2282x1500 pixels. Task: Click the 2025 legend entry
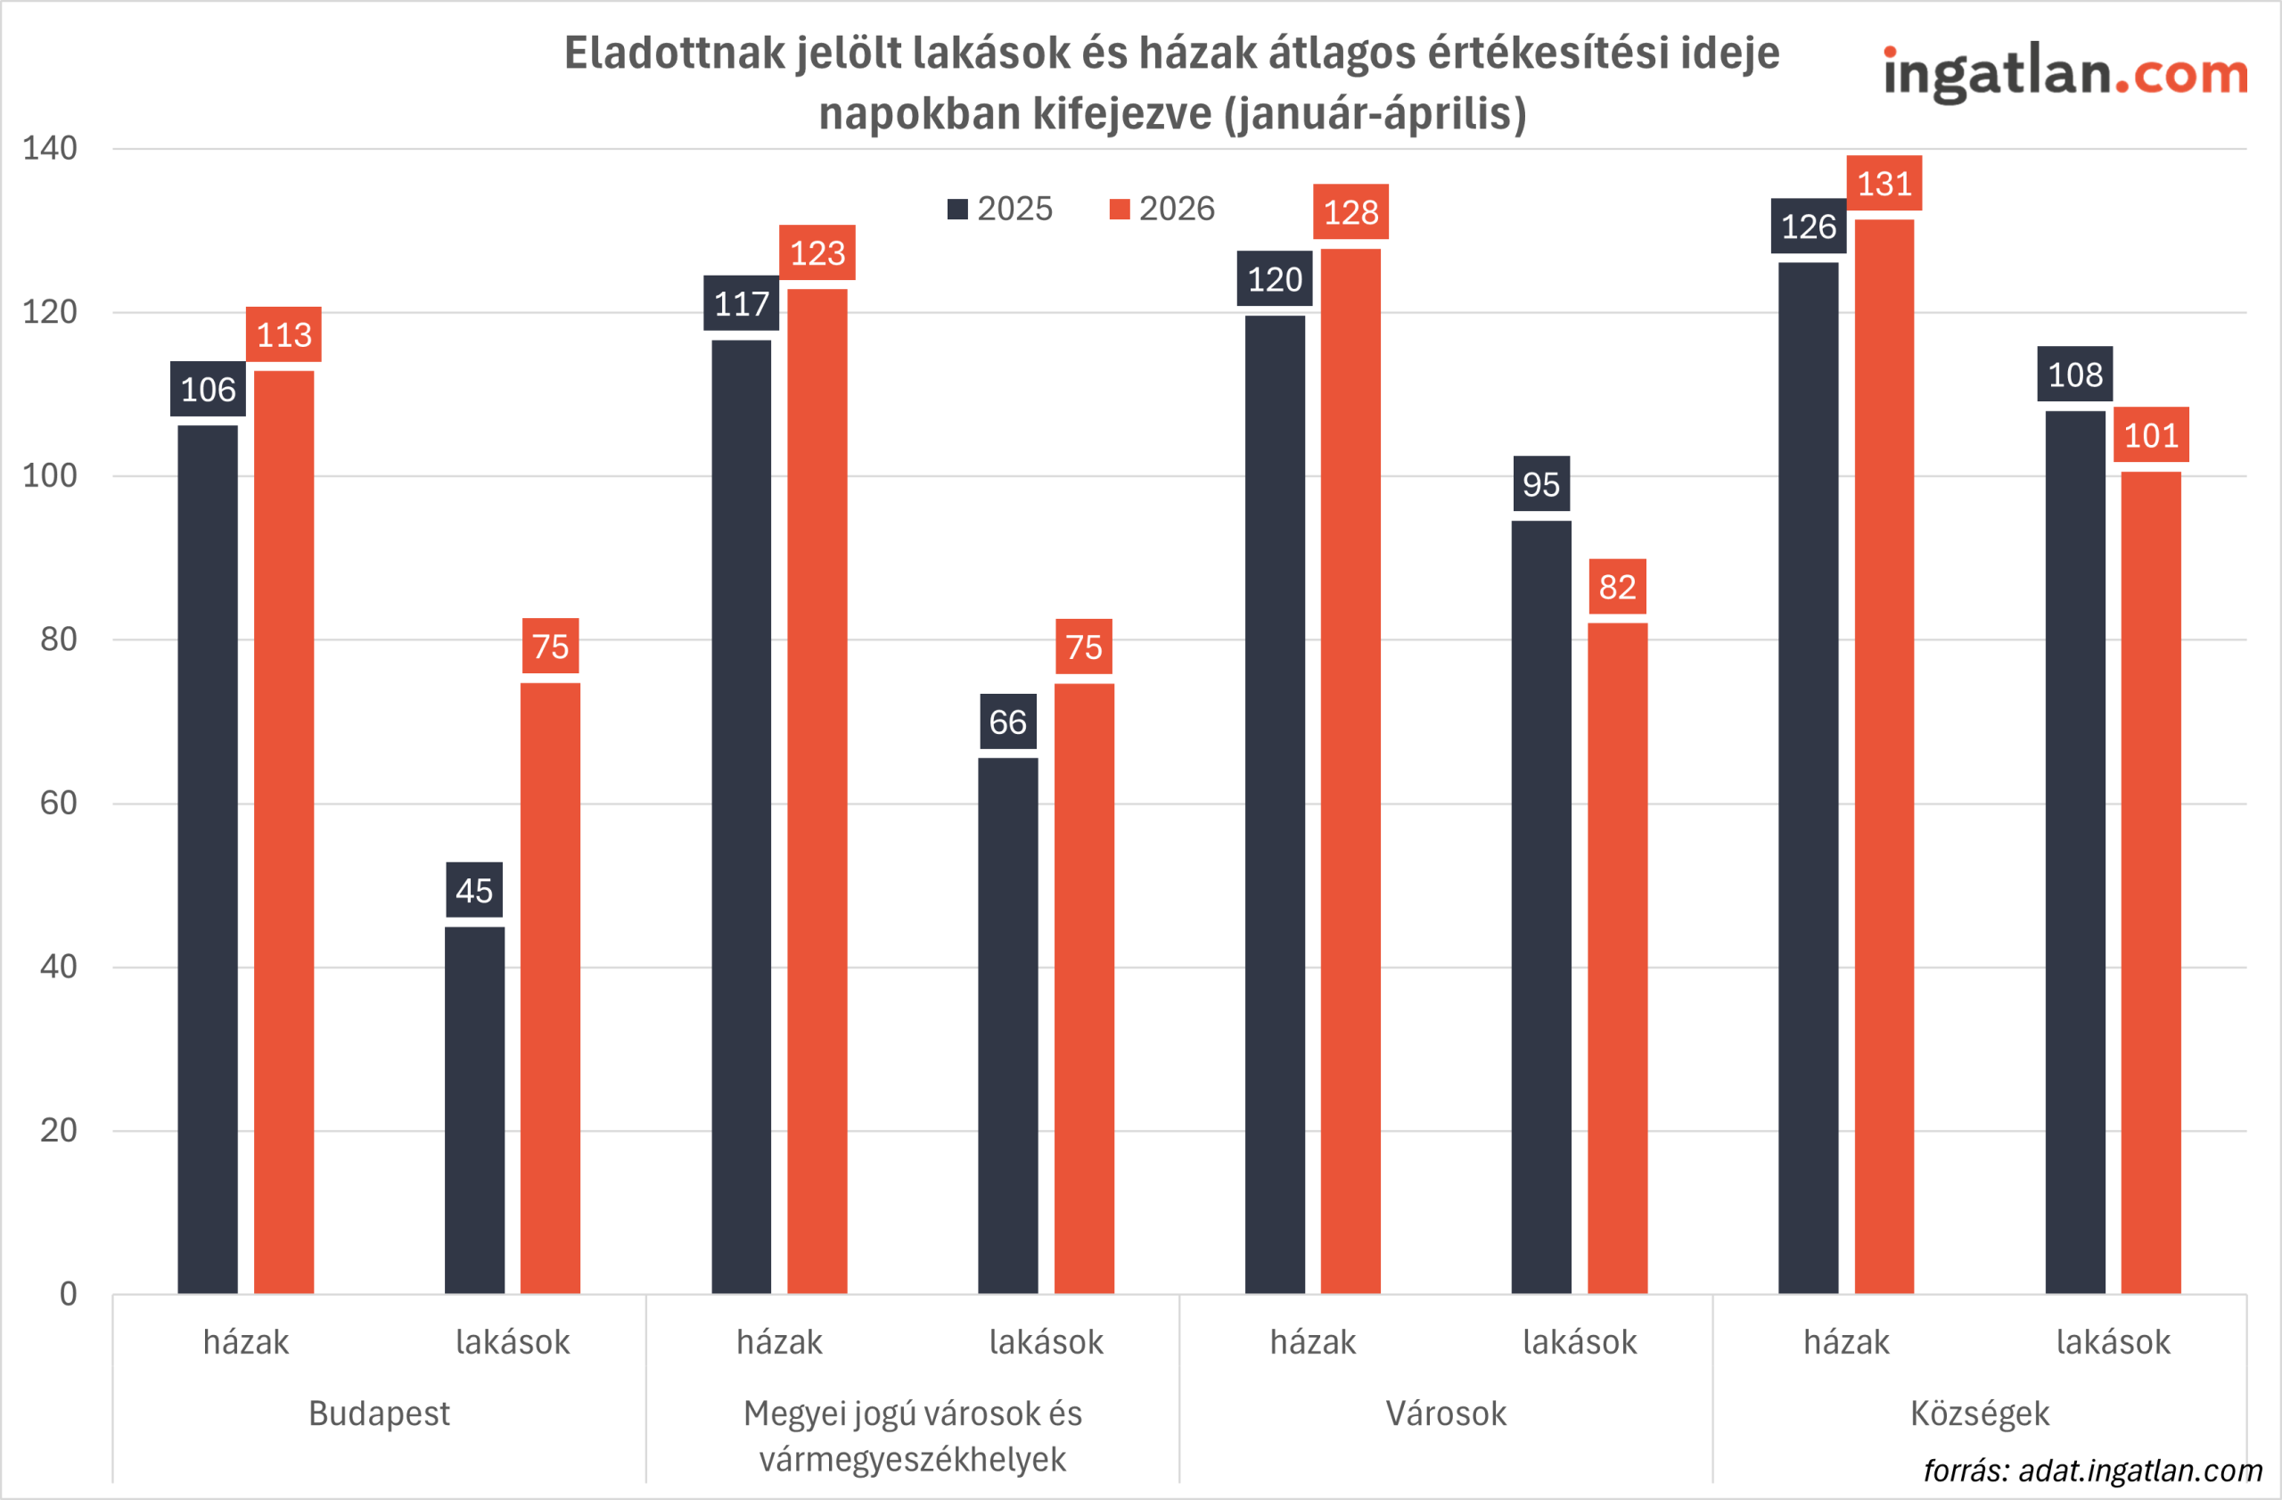coord(1000,209)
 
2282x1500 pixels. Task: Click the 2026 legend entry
coord(1162,209)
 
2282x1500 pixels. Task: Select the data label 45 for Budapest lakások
coord(473,890)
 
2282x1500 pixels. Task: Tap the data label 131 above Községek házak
coord(1884,183)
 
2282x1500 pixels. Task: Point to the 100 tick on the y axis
coord(50,475)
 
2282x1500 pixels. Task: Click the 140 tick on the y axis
coord(50,149)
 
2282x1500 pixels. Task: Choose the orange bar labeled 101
coord(2151,882)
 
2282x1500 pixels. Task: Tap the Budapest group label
coord(379,1413)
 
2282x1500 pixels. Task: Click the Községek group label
coord(1979,1413)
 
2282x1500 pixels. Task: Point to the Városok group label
coord(1446,1413)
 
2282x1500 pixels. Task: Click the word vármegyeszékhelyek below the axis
coord(912,1459)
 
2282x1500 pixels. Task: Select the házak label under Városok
coord(1313,1342)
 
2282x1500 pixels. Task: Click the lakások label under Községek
coord(2113,1342)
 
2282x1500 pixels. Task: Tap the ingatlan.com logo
coord(2065,75)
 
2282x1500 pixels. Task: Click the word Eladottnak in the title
coord(675,53)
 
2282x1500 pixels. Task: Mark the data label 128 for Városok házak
coord(1350,212)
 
